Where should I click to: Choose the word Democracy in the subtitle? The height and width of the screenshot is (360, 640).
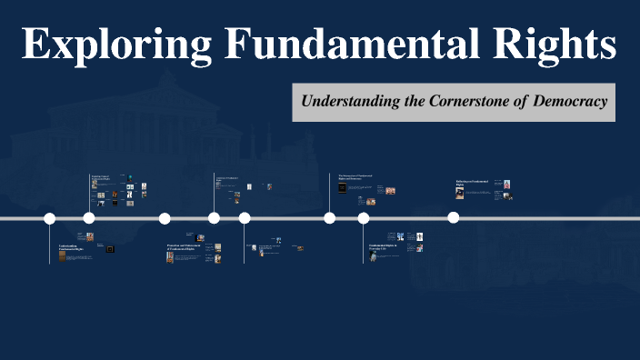(571, 101)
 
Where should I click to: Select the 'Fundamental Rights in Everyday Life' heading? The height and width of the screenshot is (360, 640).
(384, 247)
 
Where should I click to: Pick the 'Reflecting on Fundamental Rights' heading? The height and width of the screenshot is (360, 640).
(473, 183)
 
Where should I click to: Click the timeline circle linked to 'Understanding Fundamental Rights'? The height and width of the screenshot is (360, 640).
(50, 218)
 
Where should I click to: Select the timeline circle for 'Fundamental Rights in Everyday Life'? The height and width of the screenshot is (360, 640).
(364, 218)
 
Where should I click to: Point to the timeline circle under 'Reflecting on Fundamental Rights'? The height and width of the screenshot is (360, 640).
(454, 218)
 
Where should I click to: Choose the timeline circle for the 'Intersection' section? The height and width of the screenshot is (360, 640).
(330, 218)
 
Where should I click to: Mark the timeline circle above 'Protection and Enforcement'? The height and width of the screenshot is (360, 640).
(165, 218)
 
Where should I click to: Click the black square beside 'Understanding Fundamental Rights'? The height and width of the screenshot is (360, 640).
(110, 249)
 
